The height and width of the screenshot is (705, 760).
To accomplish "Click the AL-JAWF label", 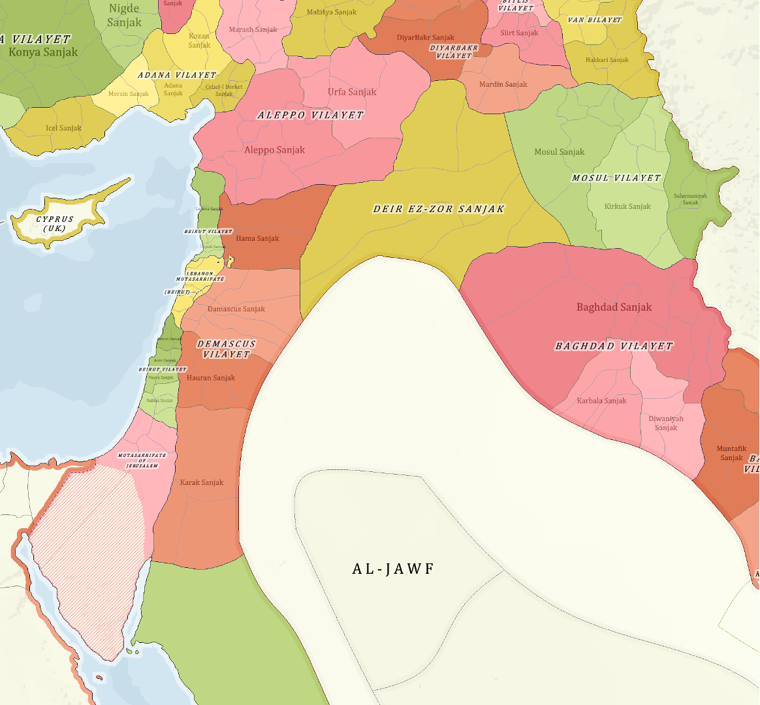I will click(393, 569).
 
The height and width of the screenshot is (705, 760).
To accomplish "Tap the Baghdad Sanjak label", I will click(614, 307).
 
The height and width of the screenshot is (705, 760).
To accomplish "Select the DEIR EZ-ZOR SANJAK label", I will click(439, 210).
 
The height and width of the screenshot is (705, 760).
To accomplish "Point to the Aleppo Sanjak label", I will click(274, 150).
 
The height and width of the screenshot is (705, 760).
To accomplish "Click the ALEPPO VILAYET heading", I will click(310, 115).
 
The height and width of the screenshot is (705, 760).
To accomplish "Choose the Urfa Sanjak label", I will click(352, 92).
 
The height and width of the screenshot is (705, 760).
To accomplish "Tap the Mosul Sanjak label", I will click(559, 152).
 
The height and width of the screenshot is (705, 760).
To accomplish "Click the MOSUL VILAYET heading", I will click(616, 178).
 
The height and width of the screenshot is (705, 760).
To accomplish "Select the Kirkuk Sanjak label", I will click(627, 206).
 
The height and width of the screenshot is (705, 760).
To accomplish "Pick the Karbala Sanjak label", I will click(601, 401).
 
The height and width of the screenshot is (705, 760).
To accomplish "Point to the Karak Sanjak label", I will click(202, 482).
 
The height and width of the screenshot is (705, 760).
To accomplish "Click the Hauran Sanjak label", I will click(211, 378).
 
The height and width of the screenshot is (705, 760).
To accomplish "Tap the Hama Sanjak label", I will click(257, 239).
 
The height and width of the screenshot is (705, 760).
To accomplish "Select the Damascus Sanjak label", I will click(236, 309).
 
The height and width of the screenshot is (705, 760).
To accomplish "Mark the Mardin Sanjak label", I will click(503, 85).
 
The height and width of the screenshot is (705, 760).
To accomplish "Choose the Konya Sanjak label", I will click(43, 52).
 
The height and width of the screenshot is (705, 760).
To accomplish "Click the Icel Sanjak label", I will click(63, 128).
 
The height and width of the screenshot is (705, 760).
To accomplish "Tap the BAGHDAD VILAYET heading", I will click(613, 346).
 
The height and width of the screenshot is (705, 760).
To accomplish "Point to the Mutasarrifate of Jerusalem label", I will click(142, 460).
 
